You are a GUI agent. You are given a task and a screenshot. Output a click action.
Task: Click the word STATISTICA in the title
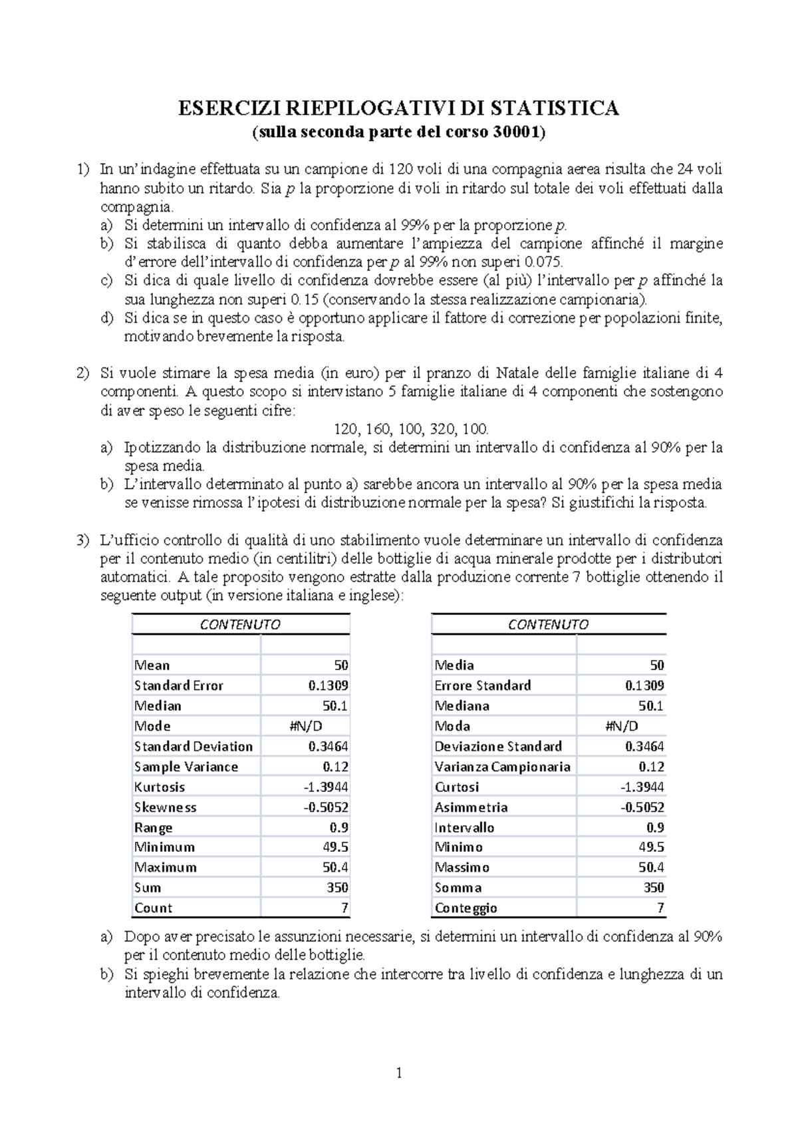tap(553, 108)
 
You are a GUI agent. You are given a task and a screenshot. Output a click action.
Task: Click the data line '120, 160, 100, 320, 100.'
tap(411, 429)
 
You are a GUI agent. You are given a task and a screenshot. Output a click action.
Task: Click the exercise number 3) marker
tap(82, 540)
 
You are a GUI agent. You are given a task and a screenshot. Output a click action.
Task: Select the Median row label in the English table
tap(158, 705)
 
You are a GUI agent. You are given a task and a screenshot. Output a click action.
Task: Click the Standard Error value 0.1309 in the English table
tap(328, 685)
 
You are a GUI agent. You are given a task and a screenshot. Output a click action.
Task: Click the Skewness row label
tap(165, 807)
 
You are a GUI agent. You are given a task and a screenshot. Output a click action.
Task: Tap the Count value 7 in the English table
tap(344, 908)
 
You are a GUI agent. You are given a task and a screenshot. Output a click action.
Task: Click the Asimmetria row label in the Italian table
tap(471, 807)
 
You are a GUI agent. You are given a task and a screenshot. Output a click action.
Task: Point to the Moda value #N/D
tap(621, 726)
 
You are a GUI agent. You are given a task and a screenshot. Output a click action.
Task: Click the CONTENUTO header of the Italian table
tap(548, 624)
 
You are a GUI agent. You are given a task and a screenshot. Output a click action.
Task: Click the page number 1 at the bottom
tap(399, 1072)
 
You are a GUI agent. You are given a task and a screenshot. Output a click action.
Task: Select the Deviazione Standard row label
tap(498, 746)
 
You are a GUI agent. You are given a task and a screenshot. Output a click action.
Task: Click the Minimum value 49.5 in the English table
tap(334, 847)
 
